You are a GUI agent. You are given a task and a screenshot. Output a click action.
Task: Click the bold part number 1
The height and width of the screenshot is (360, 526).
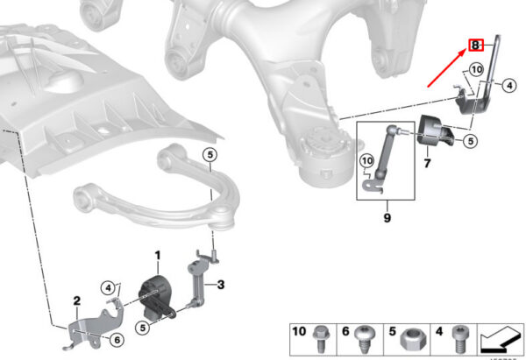(x=159, y=256)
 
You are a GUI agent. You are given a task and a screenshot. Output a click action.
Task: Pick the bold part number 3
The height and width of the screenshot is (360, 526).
(x=221, y=284)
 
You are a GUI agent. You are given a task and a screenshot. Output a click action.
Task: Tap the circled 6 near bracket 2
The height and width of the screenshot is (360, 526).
(x=117, y=340)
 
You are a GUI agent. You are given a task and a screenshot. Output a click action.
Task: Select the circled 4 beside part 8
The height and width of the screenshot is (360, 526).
(x=508, y=84)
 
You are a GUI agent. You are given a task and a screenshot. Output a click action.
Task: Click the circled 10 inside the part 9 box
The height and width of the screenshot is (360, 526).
(x=367, y=159)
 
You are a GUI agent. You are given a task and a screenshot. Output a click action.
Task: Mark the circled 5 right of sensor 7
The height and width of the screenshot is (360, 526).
(x=470, y=139)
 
